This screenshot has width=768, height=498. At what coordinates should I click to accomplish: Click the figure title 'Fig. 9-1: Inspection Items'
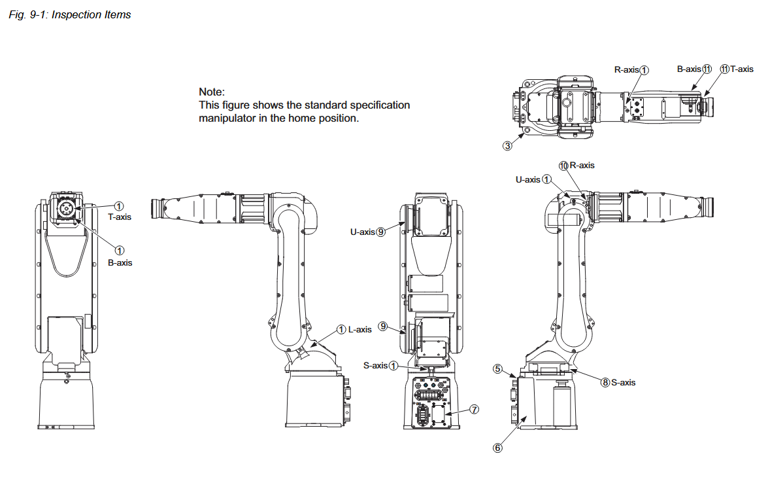pyautogui.click(x=70, y=14)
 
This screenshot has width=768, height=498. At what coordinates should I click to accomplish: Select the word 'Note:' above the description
pyautogui.click(x=212, y=92)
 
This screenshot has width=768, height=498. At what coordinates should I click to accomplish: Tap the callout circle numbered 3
pyautogui.click(x=507, y=145)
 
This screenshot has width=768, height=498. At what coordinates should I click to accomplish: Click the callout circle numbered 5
pyautogui.click(x=497, y=369)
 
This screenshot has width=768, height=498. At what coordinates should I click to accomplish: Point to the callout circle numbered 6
pyautogui.click(x=497, y=448)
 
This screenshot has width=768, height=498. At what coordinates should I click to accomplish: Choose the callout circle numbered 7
pyautogui.click(x=475, y=409)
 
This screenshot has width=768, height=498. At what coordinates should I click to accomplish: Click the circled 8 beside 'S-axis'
pyautogui.click(x=605, y=382)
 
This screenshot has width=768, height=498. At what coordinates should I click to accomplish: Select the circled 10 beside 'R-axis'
pyautogui.click(x=563, y=166)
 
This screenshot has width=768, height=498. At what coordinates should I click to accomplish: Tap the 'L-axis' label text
pyautogui.click(x=360, y=329)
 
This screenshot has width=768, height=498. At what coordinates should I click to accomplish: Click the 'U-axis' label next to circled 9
pyautogui.click(x=362, y=231)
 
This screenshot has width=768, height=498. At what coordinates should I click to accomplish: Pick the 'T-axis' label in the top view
pyautogui.click(x=742, y=69)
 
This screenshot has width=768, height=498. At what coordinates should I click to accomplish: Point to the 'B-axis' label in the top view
pyautogui.click(x=689, y=69)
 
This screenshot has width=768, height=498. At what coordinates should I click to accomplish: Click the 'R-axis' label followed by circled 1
pyautogui.click(x=626, y=69)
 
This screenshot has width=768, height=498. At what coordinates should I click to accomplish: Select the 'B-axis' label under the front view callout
pyautogui.click(x=120, y=262)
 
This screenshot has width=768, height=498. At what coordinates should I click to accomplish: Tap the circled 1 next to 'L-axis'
pyautogui.click(x=342, y=329)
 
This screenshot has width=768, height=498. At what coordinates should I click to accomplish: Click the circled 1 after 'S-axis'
pyautogui.click(x=393, y=366)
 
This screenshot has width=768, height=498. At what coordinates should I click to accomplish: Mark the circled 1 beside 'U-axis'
pyautogui.click(x=547, y=179)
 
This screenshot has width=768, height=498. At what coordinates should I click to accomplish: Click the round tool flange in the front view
pyautogui.click(x=66, y=208)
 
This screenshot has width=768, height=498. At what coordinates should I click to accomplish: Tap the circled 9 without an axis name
pyautogui.click(x=383, y=326)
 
